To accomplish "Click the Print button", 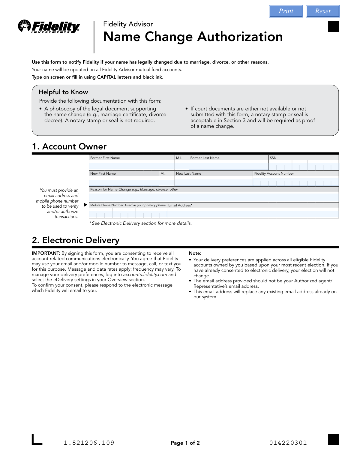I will (286, 11).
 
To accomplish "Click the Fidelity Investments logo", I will (49, 27).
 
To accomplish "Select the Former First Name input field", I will (132, 165).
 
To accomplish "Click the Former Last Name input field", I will (229, 165).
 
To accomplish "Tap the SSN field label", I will (273, 158).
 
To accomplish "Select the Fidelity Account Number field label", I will (274, 173).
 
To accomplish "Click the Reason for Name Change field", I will (214, 197).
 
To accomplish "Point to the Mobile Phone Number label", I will (107, 205).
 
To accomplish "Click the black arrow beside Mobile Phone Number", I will (85, 205).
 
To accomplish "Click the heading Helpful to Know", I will (63, 92).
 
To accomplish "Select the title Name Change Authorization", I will (193, 37).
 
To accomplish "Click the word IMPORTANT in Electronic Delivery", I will (46, 253).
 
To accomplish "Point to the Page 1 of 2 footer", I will (185, 443).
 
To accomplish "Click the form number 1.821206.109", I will (89, 443).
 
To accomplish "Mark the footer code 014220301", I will (288, 443).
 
